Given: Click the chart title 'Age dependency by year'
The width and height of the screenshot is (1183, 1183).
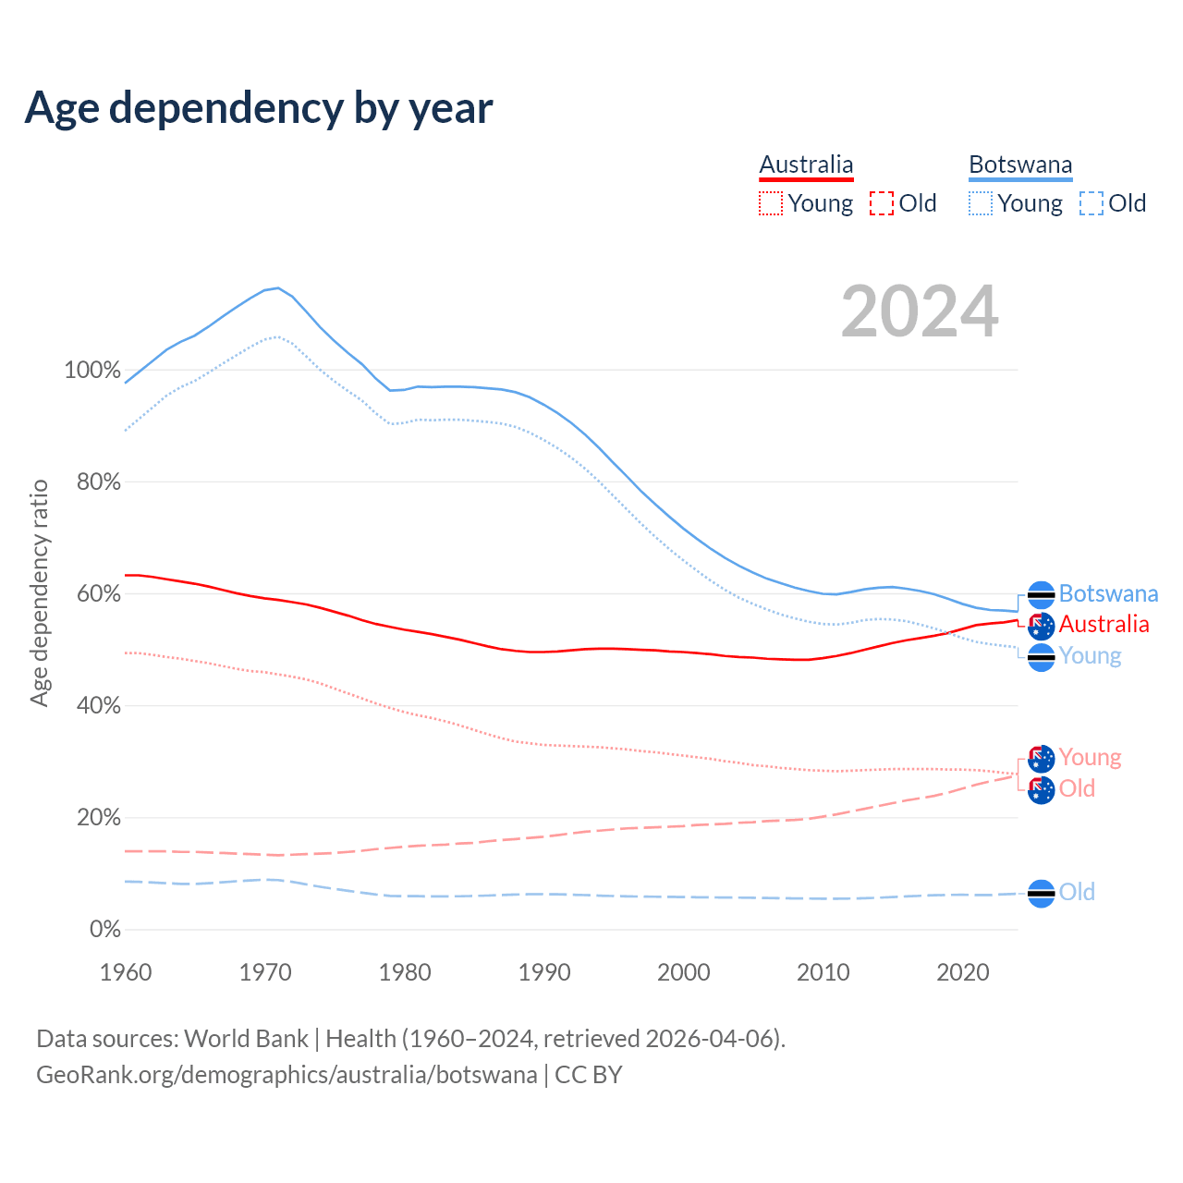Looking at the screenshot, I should point(259,108).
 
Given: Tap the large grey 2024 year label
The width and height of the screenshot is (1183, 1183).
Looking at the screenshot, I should point(920,311).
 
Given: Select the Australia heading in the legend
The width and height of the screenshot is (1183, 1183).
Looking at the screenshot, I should point(806,165).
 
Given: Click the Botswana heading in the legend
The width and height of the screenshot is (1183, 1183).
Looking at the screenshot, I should point(1020,165).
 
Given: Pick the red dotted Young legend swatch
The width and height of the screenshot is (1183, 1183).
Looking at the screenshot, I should point(770,203).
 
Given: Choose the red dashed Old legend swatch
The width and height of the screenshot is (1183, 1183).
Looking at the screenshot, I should point(882,203).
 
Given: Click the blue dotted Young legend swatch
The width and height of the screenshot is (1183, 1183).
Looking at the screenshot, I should point(981,203).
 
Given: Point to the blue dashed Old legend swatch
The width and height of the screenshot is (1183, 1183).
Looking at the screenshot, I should point(1092,203).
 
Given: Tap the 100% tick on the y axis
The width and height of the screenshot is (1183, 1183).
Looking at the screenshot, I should point(92,371).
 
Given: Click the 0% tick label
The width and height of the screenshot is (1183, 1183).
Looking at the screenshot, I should point(105,930).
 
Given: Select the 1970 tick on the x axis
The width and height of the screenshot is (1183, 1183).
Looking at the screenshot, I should point(265,972).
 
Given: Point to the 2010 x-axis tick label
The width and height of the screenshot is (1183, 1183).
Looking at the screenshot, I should point(823,972).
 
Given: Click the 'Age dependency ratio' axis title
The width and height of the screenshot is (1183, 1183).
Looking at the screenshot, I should point(40,592).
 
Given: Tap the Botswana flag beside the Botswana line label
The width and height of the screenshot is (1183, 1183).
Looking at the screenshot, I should point(1042,594).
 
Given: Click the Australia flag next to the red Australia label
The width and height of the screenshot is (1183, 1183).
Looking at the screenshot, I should point(1042,626).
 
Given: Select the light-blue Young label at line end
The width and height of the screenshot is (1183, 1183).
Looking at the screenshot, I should point(1091,656).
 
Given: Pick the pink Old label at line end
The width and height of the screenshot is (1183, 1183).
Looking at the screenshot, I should point(1077,788).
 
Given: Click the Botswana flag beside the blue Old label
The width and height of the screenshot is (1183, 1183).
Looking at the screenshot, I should point(1042,894).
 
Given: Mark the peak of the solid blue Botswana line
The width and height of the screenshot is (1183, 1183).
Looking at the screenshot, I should point(278,287).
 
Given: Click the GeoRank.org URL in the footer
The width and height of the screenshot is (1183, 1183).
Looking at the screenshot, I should point(287,1075).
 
